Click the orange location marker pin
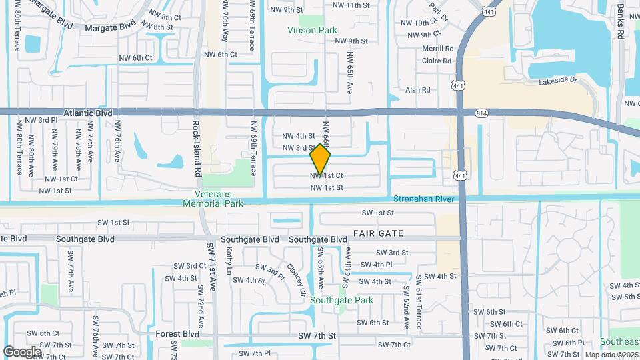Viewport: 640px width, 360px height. [x=321, y=160]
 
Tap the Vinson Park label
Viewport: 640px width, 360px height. [x=312, y=30]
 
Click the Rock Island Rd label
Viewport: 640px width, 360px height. [x=197, y=148]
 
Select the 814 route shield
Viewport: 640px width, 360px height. [x=481, y=113]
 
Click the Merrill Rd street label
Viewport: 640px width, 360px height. [x=437, y=49]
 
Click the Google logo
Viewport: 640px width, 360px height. [x=22, y=351]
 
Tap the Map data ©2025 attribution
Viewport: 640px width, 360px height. [x=611, y=355]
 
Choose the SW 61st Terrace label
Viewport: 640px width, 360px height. [x=419, y=302]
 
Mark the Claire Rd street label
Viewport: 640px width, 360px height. [x=437, y=61]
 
